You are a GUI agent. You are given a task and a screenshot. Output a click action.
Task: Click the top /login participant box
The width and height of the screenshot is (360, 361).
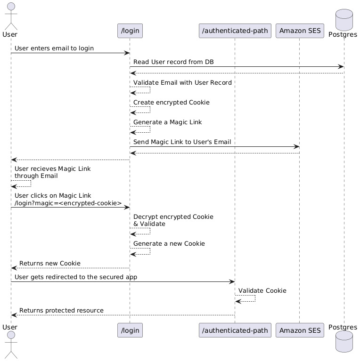click(130, 31)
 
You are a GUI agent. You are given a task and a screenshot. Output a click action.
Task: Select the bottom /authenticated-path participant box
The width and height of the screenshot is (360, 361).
click(235, 330)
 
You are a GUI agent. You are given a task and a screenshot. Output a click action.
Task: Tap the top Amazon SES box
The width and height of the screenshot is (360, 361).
click(299, 31)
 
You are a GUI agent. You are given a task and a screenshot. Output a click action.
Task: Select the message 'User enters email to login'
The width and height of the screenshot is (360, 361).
click(54, 48)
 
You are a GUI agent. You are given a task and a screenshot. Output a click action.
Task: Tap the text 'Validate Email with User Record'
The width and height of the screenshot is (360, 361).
click(182, 83)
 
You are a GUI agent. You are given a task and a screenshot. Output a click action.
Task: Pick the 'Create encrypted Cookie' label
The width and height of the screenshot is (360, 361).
click(171, 103)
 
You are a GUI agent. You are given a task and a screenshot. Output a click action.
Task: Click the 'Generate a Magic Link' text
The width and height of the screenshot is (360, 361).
click(167, 122)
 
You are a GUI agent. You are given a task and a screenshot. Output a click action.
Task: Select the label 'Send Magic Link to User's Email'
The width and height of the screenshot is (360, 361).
click(182, 142)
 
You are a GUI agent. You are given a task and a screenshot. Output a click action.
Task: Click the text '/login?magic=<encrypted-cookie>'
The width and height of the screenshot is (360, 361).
click(68, 203)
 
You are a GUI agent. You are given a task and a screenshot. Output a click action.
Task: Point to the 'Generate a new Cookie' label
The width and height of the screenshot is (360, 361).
click(169, 244)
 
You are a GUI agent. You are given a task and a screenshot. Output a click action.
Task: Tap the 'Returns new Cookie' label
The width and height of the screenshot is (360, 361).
click(49, 263)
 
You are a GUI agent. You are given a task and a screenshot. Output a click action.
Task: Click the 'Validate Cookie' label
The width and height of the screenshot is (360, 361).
click(262, 291)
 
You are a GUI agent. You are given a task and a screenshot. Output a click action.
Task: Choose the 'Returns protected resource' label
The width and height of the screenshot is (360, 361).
click(61, 311)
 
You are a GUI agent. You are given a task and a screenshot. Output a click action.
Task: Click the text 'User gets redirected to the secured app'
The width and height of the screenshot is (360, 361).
click(75, 277)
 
